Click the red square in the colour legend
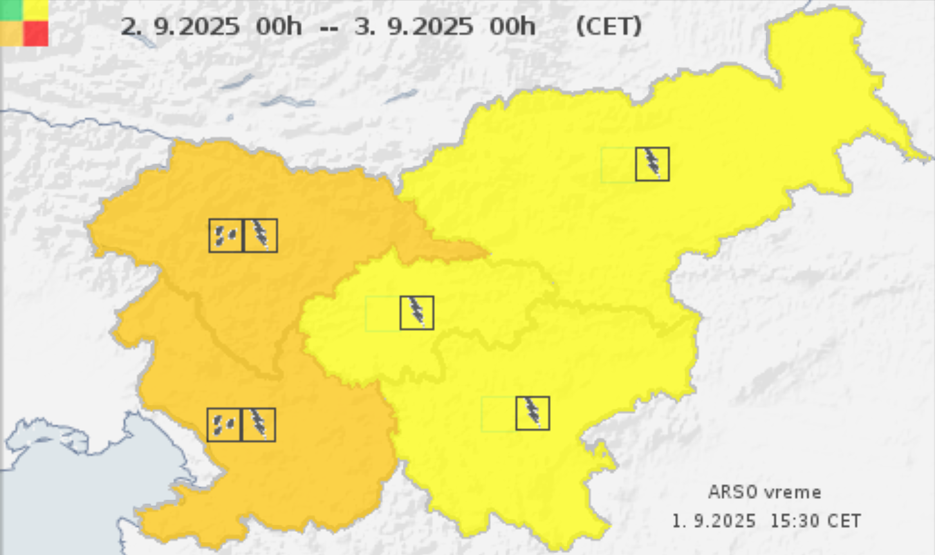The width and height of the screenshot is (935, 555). tap(36, 33)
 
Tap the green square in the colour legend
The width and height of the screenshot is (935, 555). tap(12, 10)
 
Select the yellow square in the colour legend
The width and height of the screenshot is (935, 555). tap(36, 10)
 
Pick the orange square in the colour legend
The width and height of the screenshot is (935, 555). tap(12, 33)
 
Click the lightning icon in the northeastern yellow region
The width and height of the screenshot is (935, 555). tap(652, 164)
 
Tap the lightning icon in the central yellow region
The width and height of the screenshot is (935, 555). tap(416, 313)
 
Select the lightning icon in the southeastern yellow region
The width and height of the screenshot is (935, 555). tap(532, 413)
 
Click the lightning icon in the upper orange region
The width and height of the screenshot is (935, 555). tap(261, 235)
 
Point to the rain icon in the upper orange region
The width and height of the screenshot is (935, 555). tap(226, 235)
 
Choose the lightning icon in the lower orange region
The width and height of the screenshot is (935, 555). tap(258, 424)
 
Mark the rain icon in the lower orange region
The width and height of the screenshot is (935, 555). tap(224, 424)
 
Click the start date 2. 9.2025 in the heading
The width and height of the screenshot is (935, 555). tap(180, 27)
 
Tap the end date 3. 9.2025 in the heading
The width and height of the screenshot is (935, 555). tap(414, 27)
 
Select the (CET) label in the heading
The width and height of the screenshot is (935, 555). tap(608, 27)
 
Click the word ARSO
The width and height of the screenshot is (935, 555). tap(732, 493)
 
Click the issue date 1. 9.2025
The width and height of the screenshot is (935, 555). tap(714, 521)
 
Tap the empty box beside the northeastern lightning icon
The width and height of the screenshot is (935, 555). tap(618, 164)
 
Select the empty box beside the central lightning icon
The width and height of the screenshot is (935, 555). tap(382, 314)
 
